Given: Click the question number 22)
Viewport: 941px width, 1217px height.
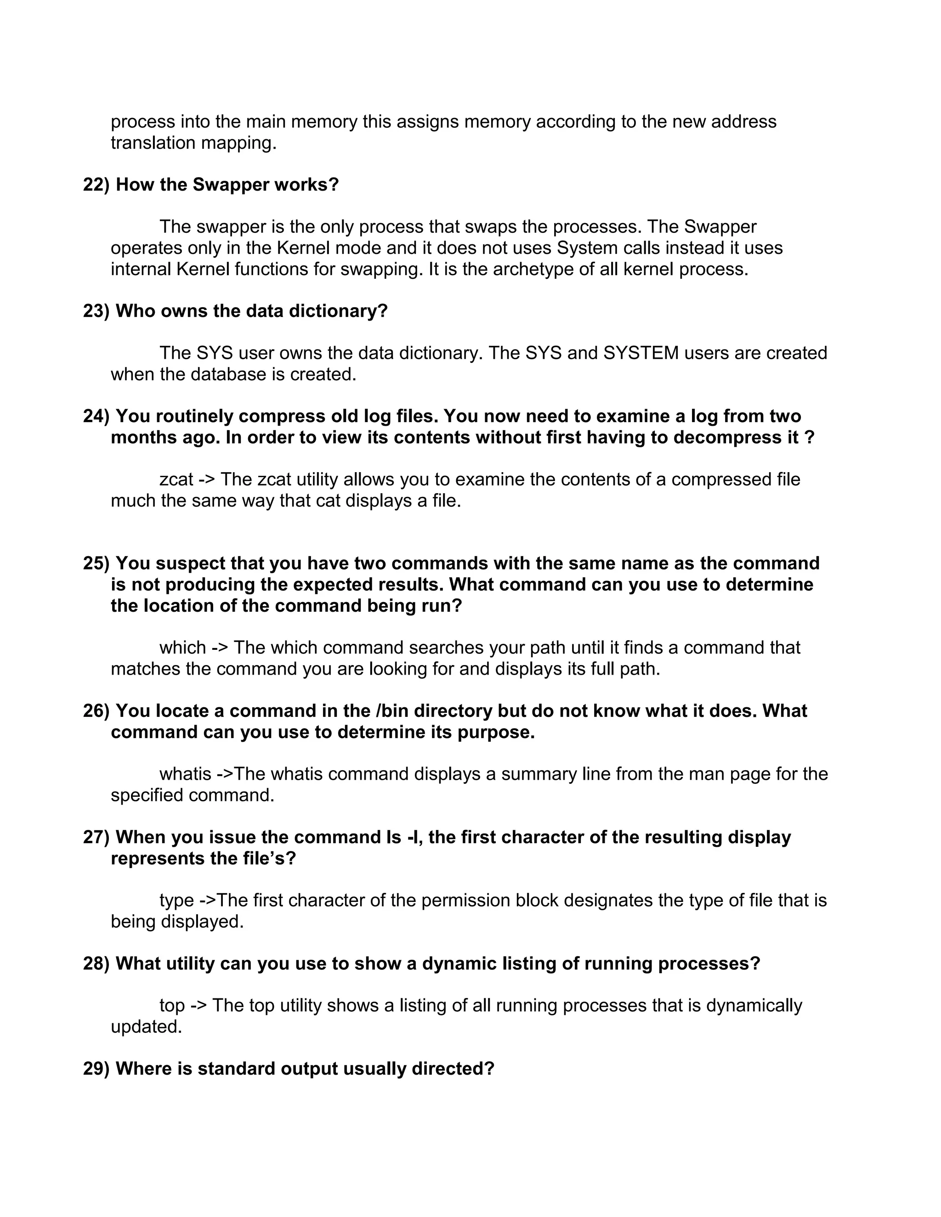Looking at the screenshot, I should [96, 185].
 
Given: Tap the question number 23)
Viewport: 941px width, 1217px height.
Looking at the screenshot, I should [96, 311].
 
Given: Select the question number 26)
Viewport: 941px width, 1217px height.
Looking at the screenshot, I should [96, 711].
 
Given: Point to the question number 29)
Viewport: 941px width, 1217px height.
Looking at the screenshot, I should [96, 1069].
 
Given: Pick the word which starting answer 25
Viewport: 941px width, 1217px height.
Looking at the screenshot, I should [182, 648].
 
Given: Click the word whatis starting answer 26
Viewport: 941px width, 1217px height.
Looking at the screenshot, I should [185, 774].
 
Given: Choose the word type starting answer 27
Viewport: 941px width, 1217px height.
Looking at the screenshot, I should [176, 901].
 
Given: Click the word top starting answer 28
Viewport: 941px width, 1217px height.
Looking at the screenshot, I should [172, 1006].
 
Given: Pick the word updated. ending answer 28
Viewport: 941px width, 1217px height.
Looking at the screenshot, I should [146, 1027].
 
